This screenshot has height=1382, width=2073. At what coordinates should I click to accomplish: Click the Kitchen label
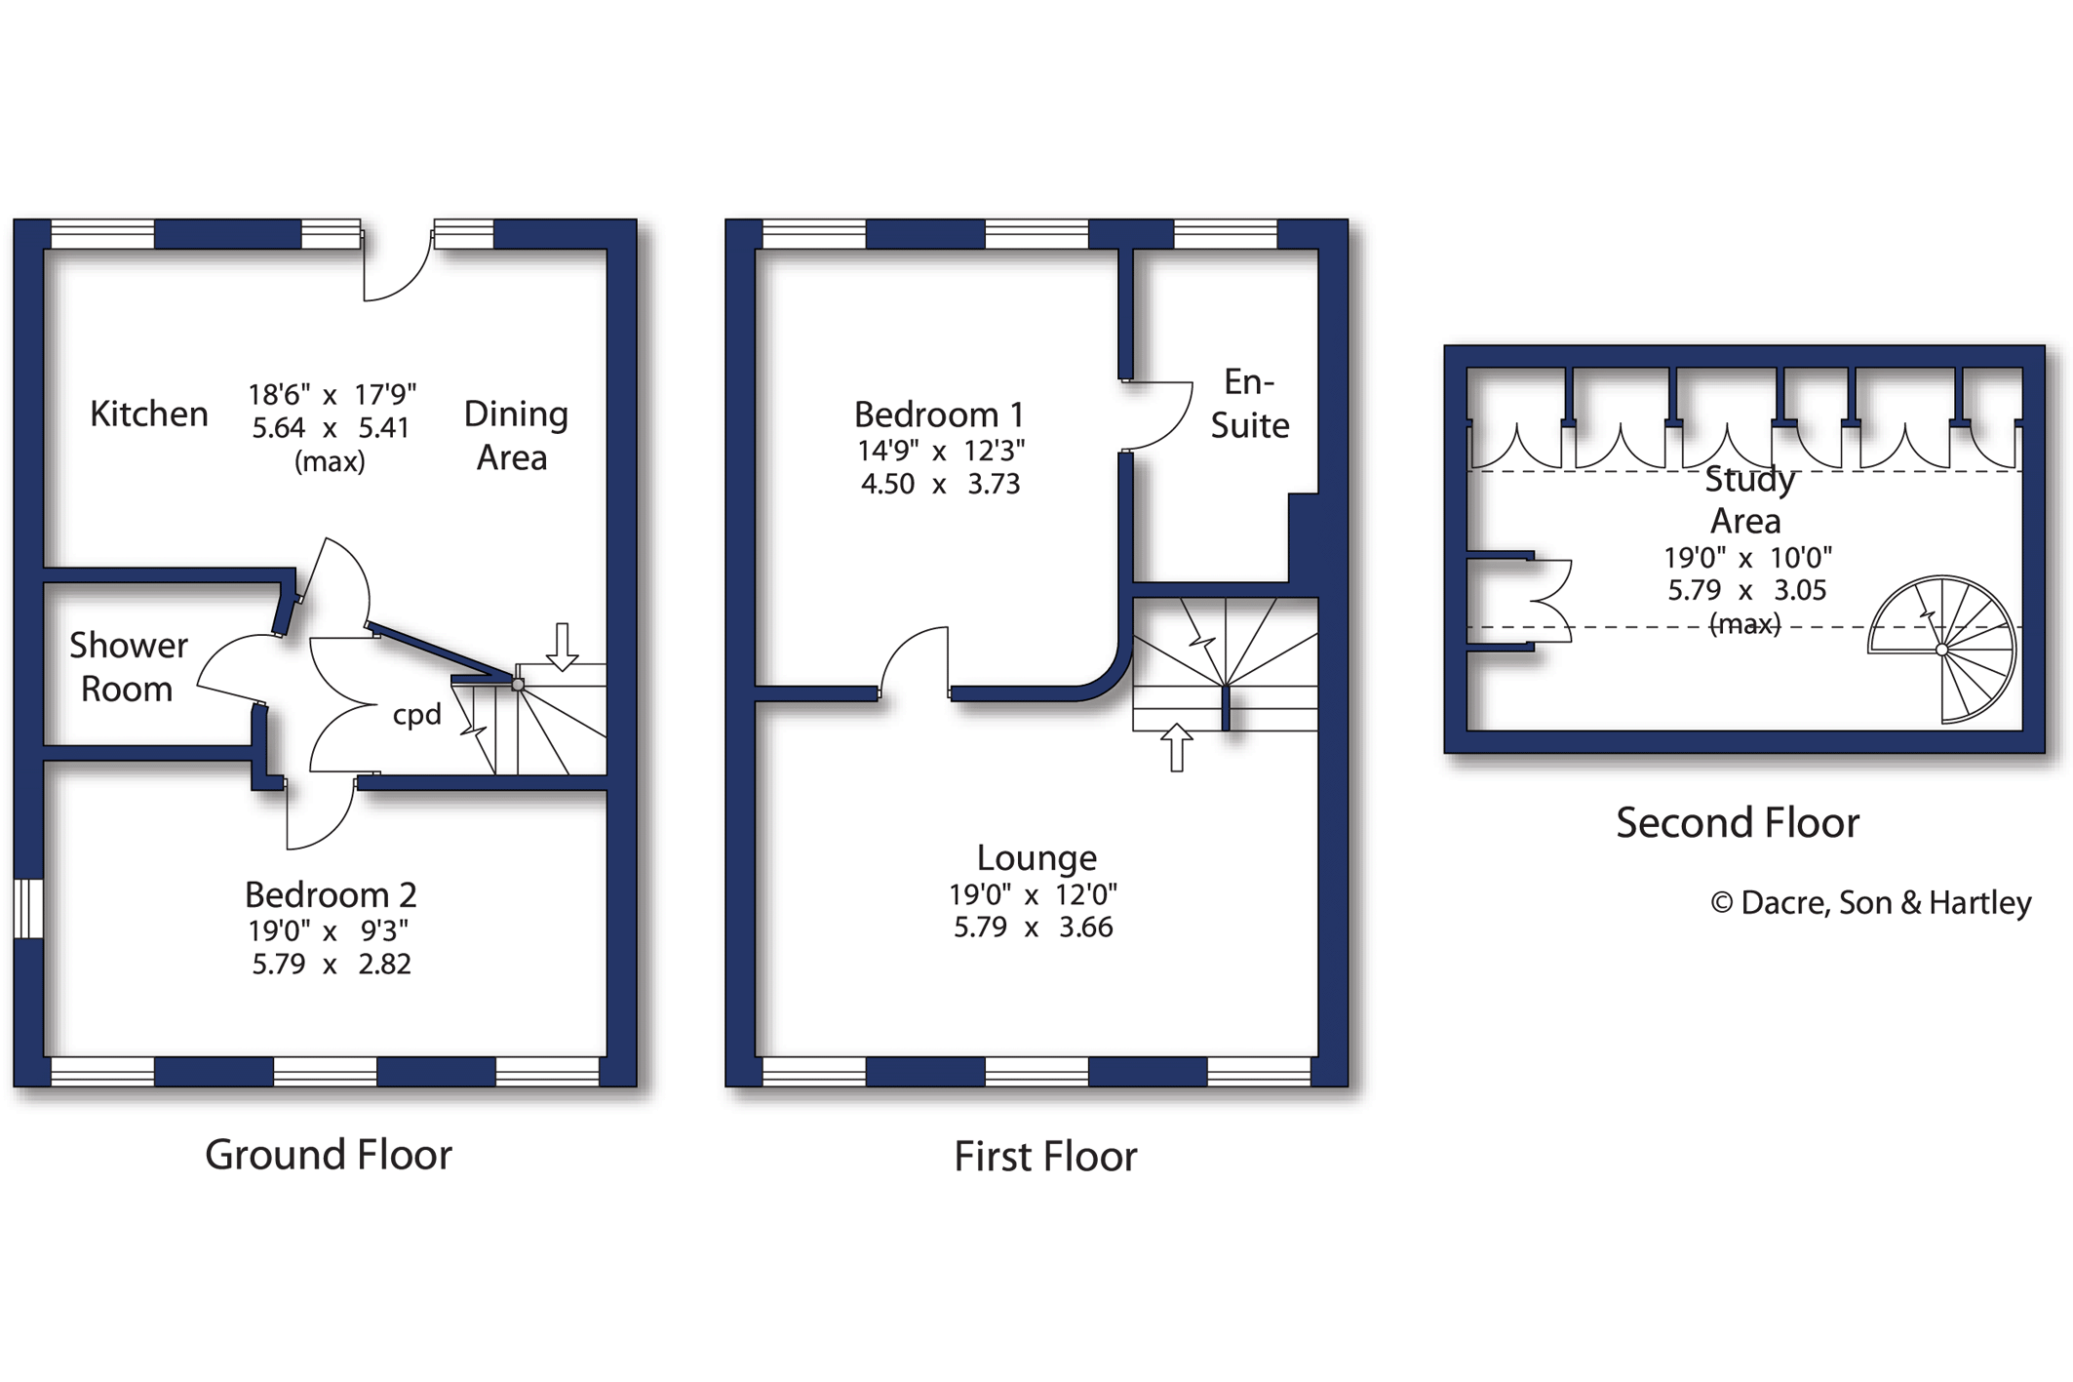148,415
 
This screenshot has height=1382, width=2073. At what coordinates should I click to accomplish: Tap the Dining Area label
514,435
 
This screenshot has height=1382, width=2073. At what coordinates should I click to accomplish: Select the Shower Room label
127,667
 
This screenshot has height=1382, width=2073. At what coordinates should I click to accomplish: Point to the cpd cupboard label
416,715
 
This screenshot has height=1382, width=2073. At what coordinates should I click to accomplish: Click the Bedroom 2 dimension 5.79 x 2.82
332,965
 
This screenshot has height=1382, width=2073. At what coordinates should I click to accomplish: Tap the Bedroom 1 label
939,415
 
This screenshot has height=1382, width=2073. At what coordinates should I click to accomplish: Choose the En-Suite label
1249,404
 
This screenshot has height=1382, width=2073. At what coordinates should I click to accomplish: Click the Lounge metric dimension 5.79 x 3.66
1033,928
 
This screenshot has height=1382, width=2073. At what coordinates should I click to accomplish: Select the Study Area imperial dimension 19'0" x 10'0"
1746,558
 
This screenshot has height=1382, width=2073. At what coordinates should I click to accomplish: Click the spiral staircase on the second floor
1941,650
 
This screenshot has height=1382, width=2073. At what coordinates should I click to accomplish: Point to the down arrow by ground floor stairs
562,647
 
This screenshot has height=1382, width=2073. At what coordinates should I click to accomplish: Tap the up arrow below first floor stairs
1177,747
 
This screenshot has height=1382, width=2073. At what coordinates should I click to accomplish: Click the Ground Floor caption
329,1155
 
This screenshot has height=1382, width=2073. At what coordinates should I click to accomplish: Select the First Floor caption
1045,1157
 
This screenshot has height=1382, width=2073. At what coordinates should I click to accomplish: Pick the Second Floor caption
1738,823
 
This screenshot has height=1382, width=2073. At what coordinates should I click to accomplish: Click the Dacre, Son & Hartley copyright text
1871,903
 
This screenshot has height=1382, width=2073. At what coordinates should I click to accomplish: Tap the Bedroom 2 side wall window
28,908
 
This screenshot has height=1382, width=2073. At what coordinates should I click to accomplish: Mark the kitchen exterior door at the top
397,265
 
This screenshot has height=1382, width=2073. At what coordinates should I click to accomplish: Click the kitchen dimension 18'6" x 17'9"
332,395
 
